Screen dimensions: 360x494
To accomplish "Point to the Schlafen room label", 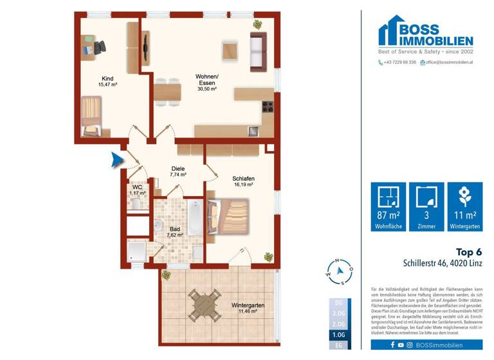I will tap(243, 180).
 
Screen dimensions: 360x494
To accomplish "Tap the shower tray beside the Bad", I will tap(138, 252).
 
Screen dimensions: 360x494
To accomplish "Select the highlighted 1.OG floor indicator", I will tap(338, 334).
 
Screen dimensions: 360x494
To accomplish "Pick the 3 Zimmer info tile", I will tap(426, 206).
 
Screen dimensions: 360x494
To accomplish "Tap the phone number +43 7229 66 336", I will tap(398, 62).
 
